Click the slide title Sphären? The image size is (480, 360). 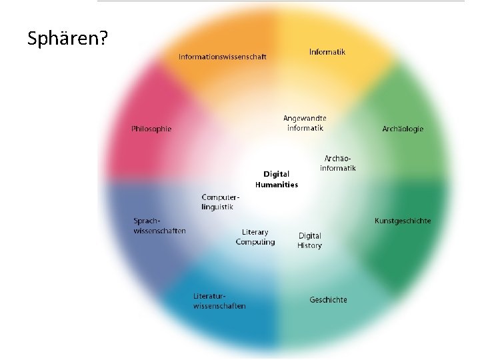coord(67,39)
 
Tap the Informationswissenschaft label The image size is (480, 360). coord(222,57)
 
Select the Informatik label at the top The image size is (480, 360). coord(327,51)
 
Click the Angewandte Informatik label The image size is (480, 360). coord(305,123)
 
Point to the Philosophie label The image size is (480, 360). coord(151,129)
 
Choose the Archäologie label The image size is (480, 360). coord(403,129)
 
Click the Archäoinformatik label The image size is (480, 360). coord(338,163)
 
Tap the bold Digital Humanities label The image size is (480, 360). coord(277,179)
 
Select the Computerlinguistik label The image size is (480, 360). coord(219,202)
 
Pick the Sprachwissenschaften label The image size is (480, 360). coord(159,226)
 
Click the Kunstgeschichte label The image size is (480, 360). coord(403,221)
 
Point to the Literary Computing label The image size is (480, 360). coord(255,237)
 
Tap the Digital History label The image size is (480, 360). coord(309,241)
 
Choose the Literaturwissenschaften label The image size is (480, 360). coord(219,301)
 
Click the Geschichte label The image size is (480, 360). coord(328,300)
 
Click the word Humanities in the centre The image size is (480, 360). coord(277,185)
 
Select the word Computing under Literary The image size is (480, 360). coord(255,242)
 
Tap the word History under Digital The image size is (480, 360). coord(309,245)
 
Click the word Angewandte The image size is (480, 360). coord(305,119)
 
